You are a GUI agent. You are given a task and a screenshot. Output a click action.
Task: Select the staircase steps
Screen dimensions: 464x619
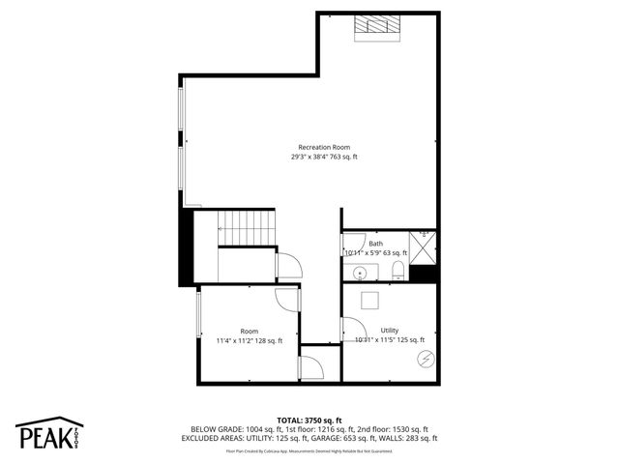pyautogui.click(x=247, y=229)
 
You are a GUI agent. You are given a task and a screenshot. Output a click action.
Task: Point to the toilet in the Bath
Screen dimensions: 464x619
pyautogui.click(x=397, y=272)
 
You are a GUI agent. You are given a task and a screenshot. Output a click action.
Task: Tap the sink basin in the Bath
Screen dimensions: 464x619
pyautogui.click(x=357, y=272)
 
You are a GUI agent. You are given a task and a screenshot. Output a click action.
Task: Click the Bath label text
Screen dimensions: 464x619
pyautogui.click(x=375, y=244)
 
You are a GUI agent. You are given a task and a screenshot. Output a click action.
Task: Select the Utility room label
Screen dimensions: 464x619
pyautogui.click(x=389, y=330)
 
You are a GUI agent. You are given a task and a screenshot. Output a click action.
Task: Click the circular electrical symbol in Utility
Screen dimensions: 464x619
pyautogui.click(x=424, y=360)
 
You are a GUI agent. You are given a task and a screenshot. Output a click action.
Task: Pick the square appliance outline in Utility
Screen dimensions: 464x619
pyautogui.click(x=368, y=300)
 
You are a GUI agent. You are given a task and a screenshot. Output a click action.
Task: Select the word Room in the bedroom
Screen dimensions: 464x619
pyautogui.click(x=250, y=331)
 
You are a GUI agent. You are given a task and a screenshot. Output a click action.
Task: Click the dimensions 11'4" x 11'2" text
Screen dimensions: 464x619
pyautogui.click(x=250, y=340)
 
